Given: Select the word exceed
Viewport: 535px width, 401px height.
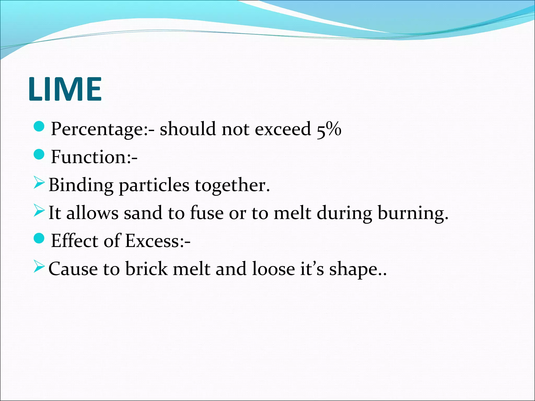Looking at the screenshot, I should pos(283,129).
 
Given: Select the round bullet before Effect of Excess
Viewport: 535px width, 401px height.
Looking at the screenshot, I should pos(39,238).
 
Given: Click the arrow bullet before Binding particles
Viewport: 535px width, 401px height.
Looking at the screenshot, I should pos(39,183).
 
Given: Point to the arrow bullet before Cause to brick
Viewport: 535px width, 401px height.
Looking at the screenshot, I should pos(39,267).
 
